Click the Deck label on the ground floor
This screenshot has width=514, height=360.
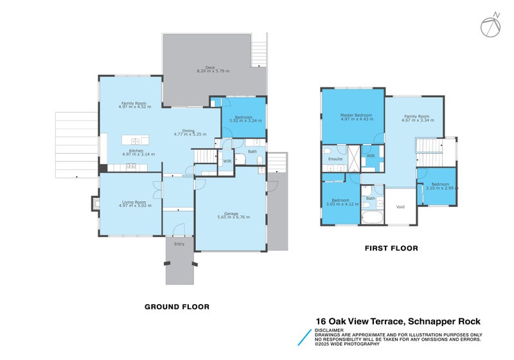(x=209, y=66)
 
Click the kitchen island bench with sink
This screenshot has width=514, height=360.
(x=135, y=140)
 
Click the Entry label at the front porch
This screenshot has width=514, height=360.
(x=179, y=244)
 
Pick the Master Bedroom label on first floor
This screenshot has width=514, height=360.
(x=352, y=116)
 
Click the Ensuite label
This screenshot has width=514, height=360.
(x=335, y=158)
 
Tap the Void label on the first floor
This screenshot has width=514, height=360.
(x=400, y=207)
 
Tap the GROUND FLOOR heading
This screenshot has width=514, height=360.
(x=176, y=307)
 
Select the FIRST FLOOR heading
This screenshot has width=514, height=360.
(x=391, y=248)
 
